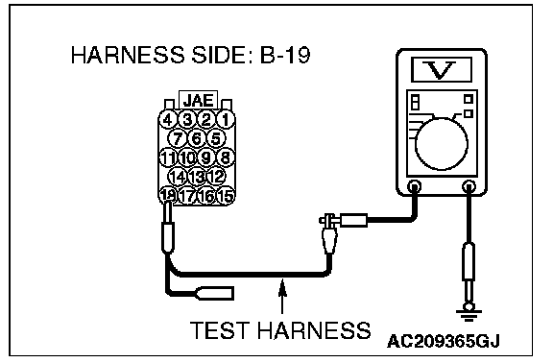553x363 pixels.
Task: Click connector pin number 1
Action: (x=226, y=119)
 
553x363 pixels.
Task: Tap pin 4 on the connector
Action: (x=168, y=119)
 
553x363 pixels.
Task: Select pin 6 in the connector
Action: (x=197, y=138)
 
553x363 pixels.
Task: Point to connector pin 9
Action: (x=206, y=157)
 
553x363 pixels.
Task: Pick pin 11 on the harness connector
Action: (x=168, y=157)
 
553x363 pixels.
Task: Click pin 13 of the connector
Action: (x=197, y=176)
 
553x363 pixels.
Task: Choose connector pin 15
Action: (x=226, y=195)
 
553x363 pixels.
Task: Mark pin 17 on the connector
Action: (x=187, y=195)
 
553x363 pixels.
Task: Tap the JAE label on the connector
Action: (x=198, y=100)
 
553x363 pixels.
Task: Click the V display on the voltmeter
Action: (x=442, y=70)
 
